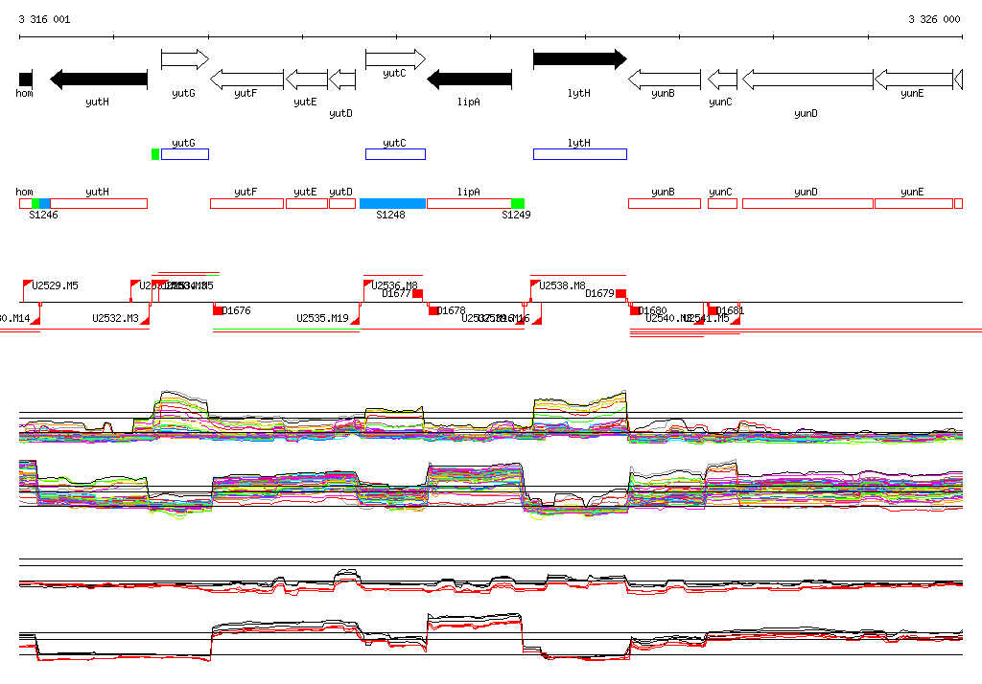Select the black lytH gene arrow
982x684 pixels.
point(579,59)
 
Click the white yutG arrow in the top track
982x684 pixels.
point(184,59)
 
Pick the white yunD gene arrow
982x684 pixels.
point(807,80)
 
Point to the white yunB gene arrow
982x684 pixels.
point(664,80)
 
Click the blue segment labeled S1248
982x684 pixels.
point(392,203)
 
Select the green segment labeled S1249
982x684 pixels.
point(518,203)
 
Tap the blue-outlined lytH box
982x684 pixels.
point(579,154)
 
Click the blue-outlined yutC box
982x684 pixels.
point(394,154)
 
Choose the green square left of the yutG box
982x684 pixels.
point(155,154)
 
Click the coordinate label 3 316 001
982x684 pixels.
point(44,19)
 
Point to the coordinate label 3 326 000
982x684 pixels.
point(934,19)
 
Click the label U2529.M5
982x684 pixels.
point(56,285)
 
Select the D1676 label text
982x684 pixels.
point(236,310)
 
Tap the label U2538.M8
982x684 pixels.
point(563,285)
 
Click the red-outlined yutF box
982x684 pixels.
point(246,203)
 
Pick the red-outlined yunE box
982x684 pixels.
point(913,203)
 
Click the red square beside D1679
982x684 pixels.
point(621,293)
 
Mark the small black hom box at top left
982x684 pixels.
point(25,79)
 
